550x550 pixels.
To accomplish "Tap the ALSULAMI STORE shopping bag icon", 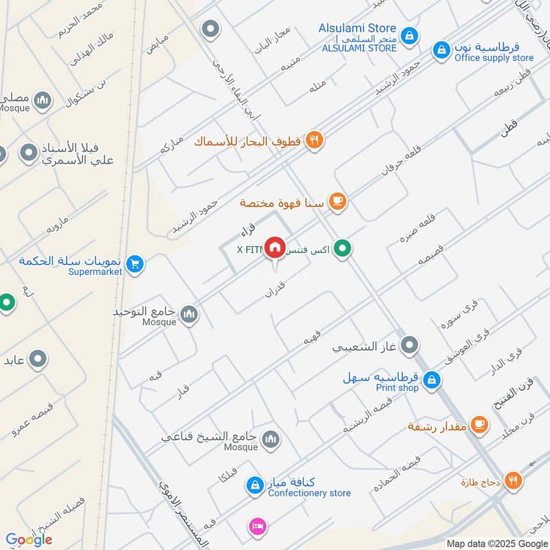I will [409, 35].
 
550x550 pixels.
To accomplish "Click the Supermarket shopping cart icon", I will [135, 263].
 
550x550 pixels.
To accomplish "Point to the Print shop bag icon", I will [431, 379].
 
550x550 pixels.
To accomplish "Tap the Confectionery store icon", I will [254, 485].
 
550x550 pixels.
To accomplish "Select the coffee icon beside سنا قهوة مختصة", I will [337, 201].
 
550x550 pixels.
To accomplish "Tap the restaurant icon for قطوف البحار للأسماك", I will [315, 140].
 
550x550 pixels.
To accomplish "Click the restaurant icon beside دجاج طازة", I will [512, 481].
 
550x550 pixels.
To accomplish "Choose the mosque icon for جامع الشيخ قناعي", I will [271, 439].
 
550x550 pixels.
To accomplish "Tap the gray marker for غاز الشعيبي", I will [410, 345].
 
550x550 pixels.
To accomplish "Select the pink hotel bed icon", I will [257, 526].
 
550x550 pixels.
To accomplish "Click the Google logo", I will [29, 540].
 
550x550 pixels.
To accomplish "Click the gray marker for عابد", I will [37, 358].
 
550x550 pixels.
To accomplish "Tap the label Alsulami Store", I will [357, 28].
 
